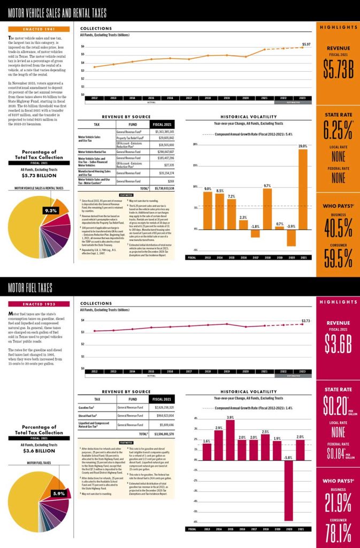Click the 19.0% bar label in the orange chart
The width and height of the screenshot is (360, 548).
click(x=303, y=146)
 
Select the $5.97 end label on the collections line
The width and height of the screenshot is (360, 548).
click(x=306, y=44)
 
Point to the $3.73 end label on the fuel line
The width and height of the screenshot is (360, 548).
click(x=306, y=321)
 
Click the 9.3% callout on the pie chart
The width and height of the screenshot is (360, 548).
click(x=50, y=210)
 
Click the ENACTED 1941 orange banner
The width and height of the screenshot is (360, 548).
click(x=39, y=28)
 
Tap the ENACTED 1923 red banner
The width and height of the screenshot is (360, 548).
click(x=39, y=304)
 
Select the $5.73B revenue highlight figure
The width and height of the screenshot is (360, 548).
click(x=338, y=68)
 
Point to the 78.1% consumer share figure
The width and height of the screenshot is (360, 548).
click(x=338, y=532)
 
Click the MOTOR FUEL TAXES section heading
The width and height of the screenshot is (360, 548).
click(x=30, y=288)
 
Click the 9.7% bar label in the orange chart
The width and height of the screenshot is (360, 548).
click(x=267, y=185)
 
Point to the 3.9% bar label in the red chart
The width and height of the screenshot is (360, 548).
click(x=230, y=417)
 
